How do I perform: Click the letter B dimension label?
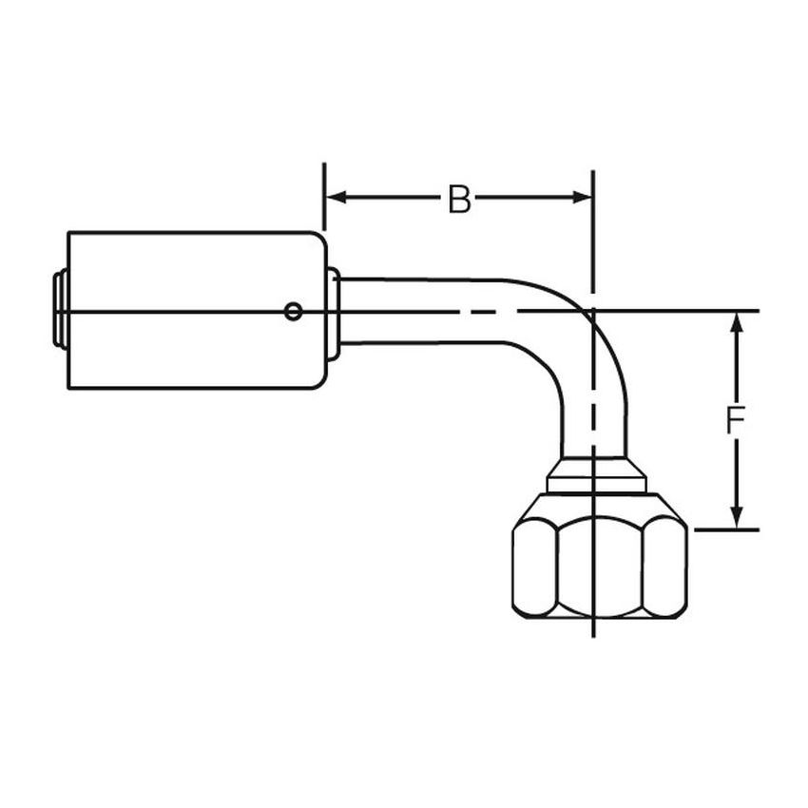[459, 200]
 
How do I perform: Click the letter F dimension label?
[734, 420]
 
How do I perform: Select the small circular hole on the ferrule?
[295, 310]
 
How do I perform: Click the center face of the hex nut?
[600, 568]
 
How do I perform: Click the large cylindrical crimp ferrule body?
[190, 311]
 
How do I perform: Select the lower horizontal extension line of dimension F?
[727, 529]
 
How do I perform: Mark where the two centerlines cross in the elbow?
[593, 311]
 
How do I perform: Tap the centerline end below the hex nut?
[593, 631]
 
